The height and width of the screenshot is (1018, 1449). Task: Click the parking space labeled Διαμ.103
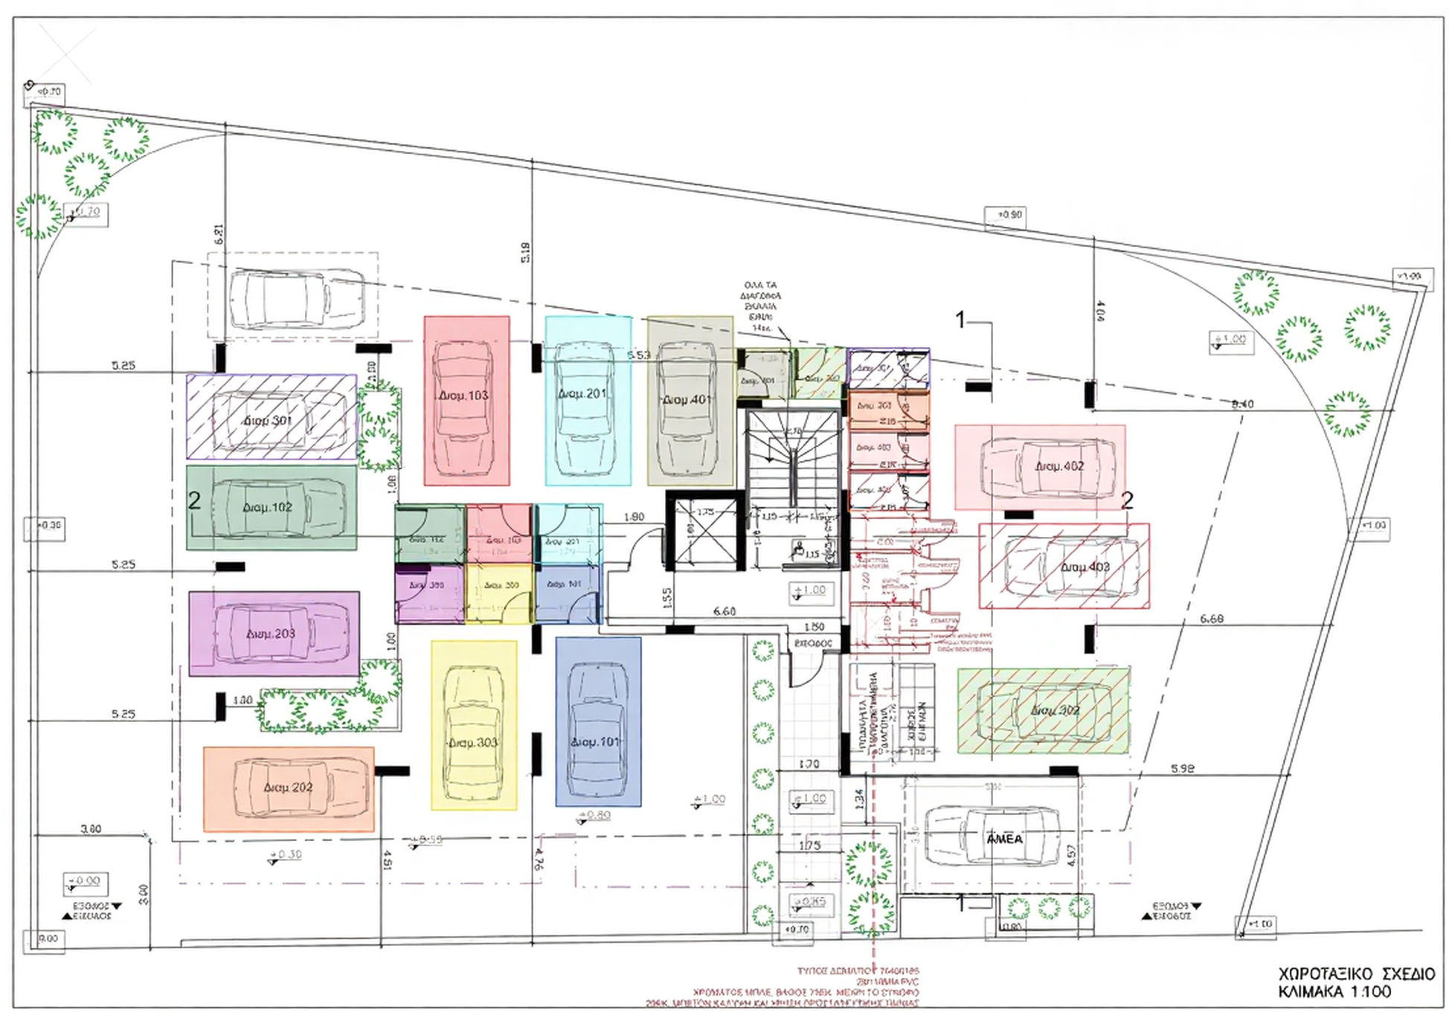pos(466,402)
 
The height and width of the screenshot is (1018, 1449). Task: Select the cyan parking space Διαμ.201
pos(588,402)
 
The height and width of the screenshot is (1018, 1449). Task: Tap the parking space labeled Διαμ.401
pos(690,402)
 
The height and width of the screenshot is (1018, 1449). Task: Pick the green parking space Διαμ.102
pos(271,508)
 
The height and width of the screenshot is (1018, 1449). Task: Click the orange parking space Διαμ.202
pos(289,788)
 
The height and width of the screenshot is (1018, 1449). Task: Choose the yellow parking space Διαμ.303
pos(474,725)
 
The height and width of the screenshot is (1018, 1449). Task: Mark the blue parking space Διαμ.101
pos(597,721)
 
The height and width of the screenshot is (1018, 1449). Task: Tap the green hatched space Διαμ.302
pos(1043,711)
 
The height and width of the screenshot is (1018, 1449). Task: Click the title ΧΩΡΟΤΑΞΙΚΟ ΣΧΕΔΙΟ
pos(1356,974)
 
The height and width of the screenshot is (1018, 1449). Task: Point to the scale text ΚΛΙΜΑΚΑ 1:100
pos(1334,992)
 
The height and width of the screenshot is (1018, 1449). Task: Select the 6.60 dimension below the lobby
pos(724,611)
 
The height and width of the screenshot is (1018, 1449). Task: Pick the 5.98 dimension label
pos(1182,769)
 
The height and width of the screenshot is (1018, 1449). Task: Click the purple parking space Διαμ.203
pos(274,634)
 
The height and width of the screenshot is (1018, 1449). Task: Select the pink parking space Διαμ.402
pos(1040,467)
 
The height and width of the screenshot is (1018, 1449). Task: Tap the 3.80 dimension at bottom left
pos(91,829)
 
